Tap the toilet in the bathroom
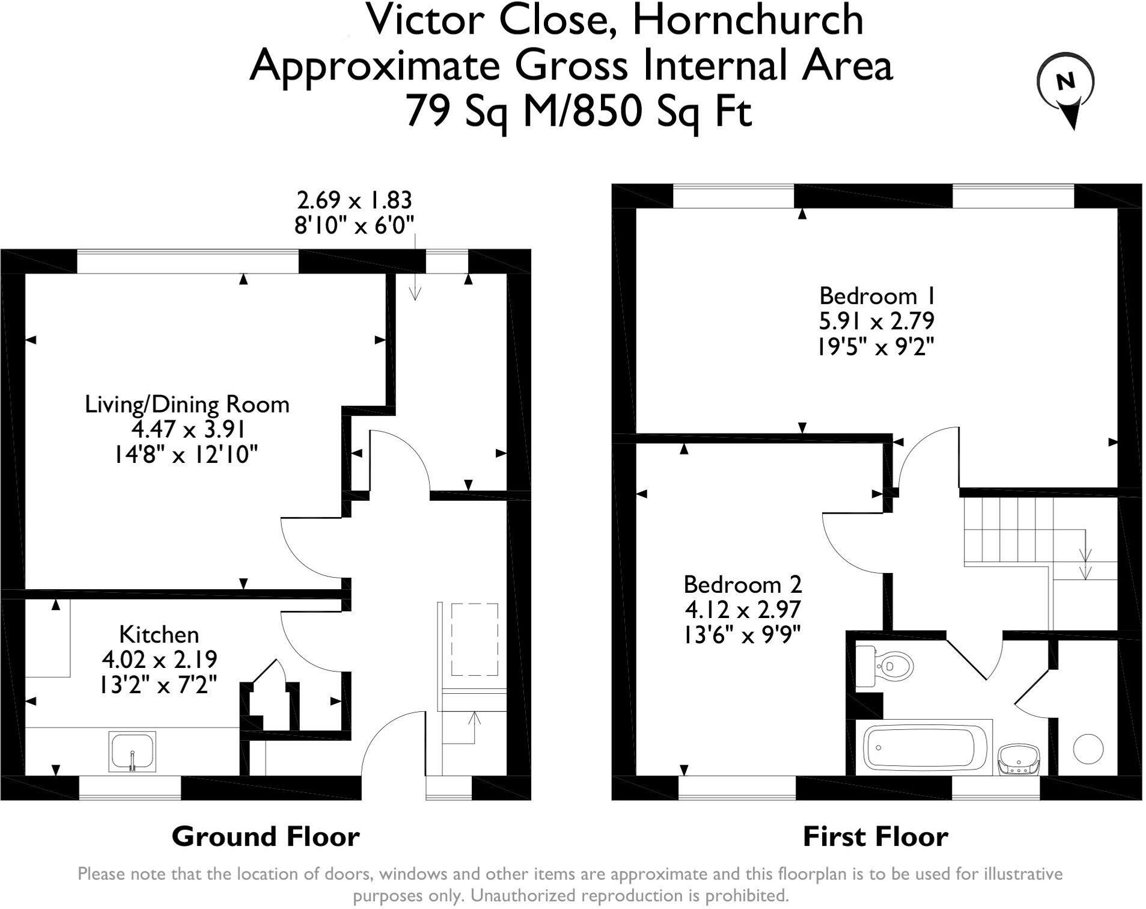coord(884,666)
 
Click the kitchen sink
coord(132,751)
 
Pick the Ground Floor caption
coord(266,836)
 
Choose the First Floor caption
coord(876,836)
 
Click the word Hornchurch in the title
coord(748,20)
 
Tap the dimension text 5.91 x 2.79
coord(877,321)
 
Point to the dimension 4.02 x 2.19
coord(159,660)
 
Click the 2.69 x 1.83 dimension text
coord(354,199)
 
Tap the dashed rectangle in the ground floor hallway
coord(474,640)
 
